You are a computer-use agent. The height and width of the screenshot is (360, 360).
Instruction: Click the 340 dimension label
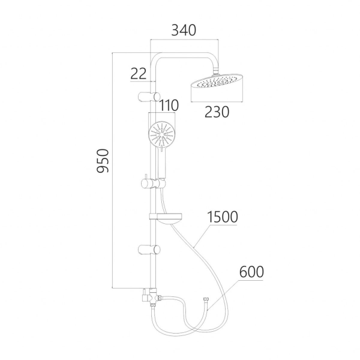(184, 31)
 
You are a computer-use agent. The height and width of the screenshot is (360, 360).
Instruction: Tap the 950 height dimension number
(103, 161)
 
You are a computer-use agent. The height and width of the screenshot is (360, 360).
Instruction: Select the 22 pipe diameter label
(138, 74)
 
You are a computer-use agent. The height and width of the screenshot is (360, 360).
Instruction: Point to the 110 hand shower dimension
(169, 106)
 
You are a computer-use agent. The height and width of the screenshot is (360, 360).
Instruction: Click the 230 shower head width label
(217, 112)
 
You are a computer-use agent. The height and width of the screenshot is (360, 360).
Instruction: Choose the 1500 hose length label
(223, 217)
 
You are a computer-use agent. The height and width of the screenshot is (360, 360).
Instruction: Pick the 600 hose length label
(251, 272)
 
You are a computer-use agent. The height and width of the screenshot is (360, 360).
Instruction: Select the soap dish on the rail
(166, 218)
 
